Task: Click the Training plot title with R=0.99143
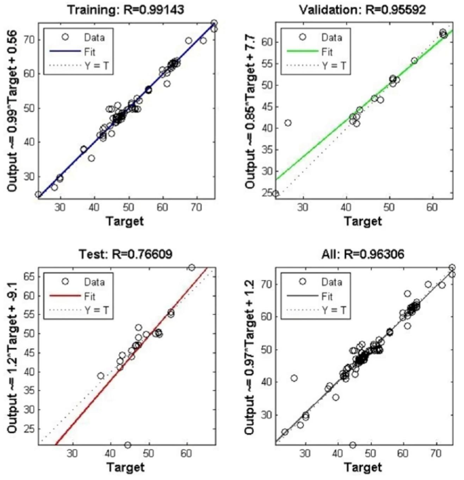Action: point(125,10)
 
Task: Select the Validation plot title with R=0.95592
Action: point(363,10)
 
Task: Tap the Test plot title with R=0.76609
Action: point(125,254)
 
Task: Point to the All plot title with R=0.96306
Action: point(363,254)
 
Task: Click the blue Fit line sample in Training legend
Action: point(65,52)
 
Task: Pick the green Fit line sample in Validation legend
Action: point(303,52)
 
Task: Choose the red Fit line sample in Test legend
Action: point(65,296)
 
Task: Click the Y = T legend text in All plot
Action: point(334,310)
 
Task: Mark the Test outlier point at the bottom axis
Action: point(128,445)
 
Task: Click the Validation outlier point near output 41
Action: point(288,123)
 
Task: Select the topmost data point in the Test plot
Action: point(191,267)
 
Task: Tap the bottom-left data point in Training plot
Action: point(38,195)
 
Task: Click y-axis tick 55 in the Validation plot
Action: point(268,64)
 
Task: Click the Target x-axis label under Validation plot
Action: point(363,221)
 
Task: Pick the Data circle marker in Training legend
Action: point(65,37)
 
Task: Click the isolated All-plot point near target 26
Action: point(294,378)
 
